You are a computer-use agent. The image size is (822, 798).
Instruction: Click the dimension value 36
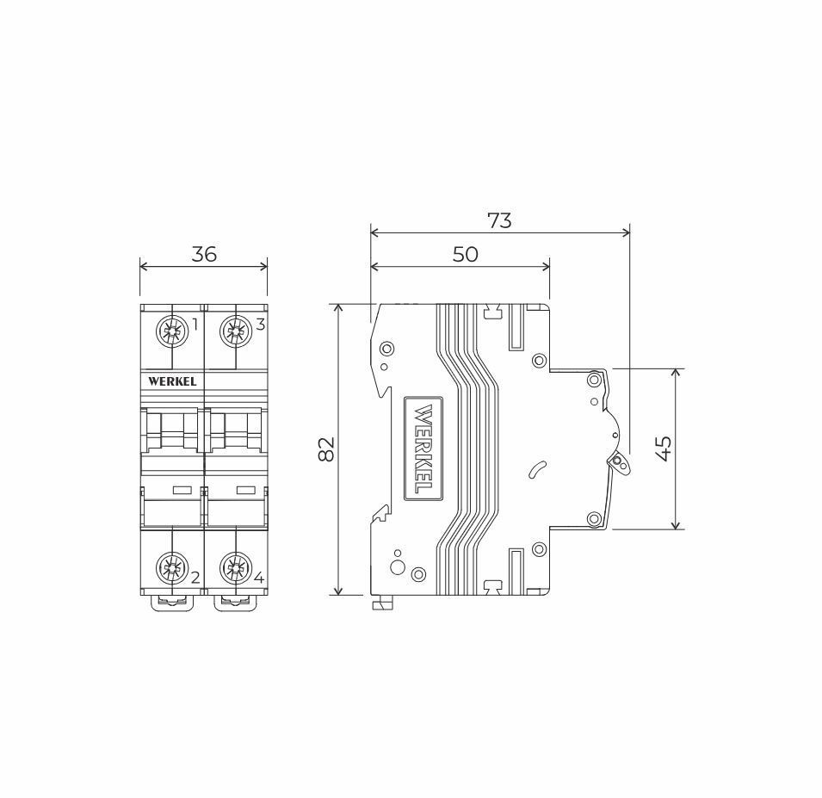pos(204,254)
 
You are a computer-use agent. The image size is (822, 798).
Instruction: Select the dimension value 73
pos(499,220)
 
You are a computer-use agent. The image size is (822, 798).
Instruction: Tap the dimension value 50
pos(465,254)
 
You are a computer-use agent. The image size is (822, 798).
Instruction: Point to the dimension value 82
pos(326,448)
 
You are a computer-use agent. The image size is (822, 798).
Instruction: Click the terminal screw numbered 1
pos(172,332)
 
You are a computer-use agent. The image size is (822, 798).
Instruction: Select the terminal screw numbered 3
pos(235,332)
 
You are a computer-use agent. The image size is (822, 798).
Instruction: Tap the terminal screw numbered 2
pos(172,568)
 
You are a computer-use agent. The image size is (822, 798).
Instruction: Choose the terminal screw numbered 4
pos(235,568)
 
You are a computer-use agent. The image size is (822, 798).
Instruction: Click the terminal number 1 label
pos(195,325)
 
